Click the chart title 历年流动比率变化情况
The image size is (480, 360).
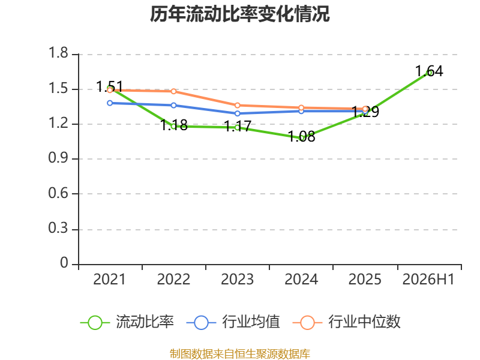[x=239, y=14]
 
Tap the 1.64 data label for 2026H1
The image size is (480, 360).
[x=429, y=71]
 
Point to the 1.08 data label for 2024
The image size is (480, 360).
[x=302, y=136]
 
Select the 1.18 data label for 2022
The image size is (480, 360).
[x=174, y=125]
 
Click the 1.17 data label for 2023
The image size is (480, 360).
[x=238, y=126]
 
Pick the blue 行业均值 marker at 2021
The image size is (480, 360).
[x=110, y=103]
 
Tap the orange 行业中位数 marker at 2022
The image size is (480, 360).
[x=173, y=91]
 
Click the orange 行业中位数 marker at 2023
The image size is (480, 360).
[x=237, y=106]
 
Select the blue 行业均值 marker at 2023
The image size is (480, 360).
[x=237, y=113]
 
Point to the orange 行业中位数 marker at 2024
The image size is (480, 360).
[x=301, y=108]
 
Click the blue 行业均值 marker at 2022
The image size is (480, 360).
[x=173, y=106]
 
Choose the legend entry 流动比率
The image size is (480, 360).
[x=127, y=322]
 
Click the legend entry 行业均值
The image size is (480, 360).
[x=233, y=322]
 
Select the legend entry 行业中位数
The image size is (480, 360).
[x=347, y=322]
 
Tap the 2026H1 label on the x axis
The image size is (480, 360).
[x=428, y=279]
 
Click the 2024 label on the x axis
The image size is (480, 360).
[x=301, y=279]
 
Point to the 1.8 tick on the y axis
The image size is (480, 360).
[x=58, y=53]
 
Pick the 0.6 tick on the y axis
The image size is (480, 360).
[x=58, y=193]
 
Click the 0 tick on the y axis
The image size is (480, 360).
[x=64, y=263]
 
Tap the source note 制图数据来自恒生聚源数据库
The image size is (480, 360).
[x=239, y=354]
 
